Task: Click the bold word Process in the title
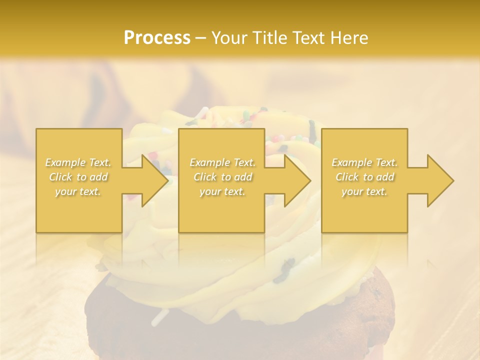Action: [157, 37]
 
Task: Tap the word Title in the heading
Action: [269, 37]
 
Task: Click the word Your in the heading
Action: [230, 38]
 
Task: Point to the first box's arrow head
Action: [155, 180]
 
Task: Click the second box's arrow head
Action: [297, 180]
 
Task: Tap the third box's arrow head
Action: [440, 180]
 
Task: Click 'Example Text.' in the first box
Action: [78, 162]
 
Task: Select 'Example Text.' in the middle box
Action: [222, 162]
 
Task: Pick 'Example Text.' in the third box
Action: [364, 162]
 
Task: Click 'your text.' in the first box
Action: [78, 191]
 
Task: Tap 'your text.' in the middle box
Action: [222, 191]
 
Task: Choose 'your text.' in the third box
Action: [364, 191]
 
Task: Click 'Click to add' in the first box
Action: [78, 177]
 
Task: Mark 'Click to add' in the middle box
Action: [222, 177]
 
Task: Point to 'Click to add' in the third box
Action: [365, 177]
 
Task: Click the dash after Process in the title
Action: [201, 38]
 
